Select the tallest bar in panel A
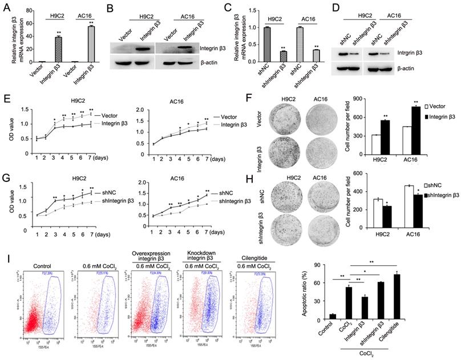tap(90, 44)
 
